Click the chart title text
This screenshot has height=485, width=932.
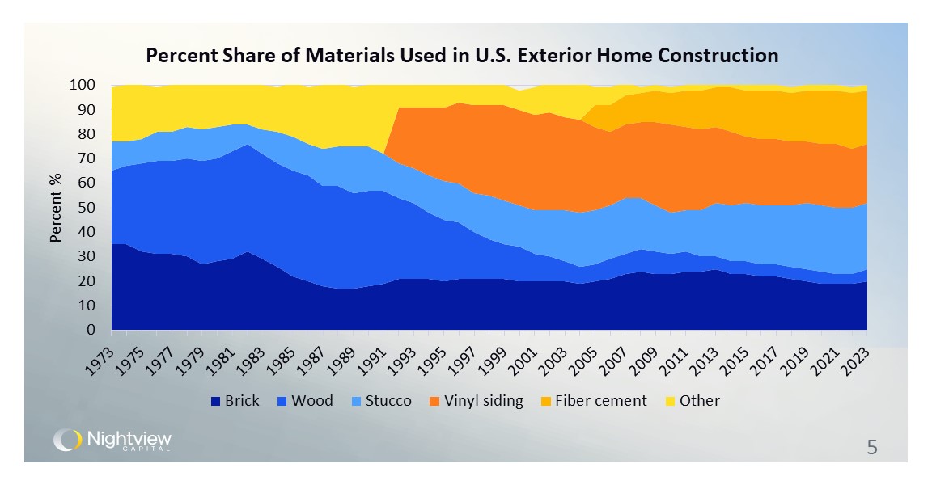click(x=461, y=56)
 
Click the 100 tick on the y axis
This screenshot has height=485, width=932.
click(x=83, y=85)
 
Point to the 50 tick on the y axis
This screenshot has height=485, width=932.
click(x=87, y=208)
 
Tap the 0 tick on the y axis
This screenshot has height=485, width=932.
click(x=91, y=331)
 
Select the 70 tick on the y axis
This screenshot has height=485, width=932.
click(x=87, y=158)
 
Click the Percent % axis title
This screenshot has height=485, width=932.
click(x=56, y=208)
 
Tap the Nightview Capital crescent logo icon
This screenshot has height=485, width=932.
click(x=67, y=440)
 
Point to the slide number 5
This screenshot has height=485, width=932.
click(x=872, y=447)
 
